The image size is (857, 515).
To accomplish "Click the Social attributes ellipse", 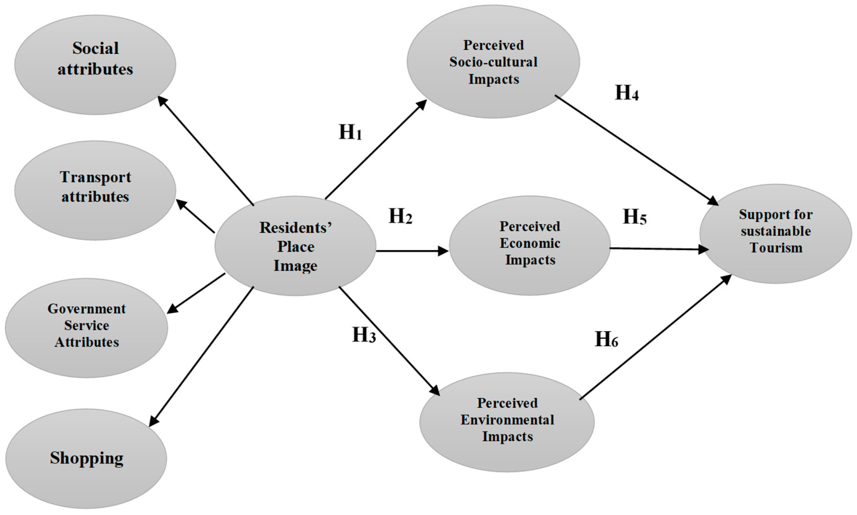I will tap(95, 64).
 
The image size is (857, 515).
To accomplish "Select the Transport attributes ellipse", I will tap(95, 190).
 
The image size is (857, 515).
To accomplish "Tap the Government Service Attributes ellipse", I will tap(86, 328).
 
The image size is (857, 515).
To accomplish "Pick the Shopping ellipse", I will tap(86, 458).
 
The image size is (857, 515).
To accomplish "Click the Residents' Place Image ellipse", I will tap(295, 246).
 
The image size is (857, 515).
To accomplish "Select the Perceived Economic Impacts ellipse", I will tap(530, 245).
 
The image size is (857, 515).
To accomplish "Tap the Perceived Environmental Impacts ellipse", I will tap(507, 422).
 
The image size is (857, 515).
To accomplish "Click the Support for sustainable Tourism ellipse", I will tap(776, 233).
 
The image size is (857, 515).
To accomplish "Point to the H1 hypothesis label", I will tap(350, 132).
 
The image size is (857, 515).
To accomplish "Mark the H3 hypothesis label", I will tap(364, 335).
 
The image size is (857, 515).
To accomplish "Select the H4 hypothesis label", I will tap(627, 93).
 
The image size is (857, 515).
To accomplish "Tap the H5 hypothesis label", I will tap(635, 217).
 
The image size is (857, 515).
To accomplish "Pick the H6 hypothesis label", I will tap(606, 339).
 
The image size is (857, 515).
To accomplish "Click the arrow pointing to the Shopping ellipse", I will tap(202, 357).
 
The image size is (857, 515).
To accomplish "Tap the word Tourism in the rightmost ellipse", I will tap(776, 248).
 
